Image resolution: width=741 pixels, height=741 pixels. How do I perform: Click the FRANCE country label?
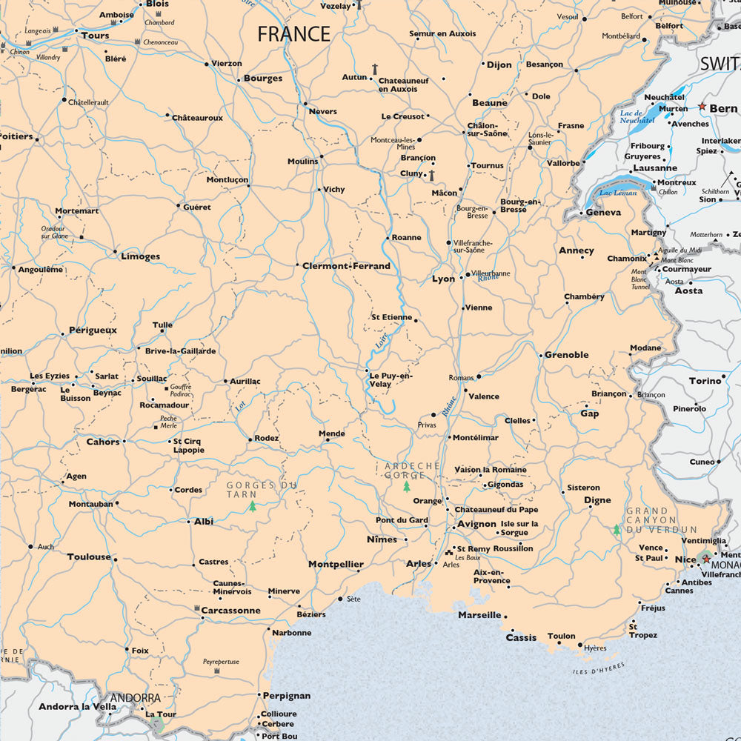[x=293, y=34]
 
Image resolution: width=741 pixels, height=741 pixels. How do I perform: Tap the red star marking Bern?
[x=702, y=107]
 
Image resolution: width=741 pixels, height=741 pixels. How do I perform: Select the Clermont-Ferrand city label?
[x=346, y=266]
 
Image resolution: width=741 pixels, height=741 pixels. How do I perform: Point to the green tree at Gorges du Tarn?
[x=253, y=507]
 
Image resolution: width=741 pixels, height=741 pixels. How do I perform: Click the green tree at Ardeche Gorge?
[x=406, y=486]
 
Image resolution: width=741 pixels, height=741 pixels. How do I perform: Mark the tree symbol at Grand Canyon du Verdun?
[x=617, y=530]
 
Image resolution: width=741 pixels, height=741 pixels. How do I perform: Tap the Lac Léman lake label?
[x=618, y=193]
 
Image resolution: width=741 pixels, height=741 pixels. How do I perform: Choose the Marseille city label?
[x=479, y=615]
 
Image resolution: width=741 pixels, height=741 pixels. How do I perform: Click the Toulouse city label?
[x=89, y=556]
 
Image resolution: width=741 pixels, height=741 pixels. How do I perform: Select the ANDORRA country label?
[x=136, y=698]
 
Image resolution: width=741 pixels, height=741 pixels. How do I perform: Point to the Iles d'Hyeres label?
[x=599, y=668]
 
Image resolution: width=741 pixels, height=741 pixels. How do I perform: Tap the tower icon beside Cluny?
[x=431, y=174]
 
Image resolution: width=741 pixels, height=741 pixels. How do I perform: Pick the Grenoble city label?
[x=567, y=355]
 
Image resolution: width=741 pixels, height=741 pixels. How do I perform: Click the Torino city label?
[x=705, y=381]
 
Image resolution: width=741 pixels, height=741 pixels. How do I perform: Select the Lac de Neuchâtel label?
[x=637, y=117]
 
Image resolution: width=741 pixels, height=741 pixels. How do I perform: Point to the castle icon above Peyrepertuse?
[x=217, y=671]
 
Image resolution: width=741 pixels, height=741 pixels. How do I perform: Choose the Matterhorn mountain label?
[x=706, y=235]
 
